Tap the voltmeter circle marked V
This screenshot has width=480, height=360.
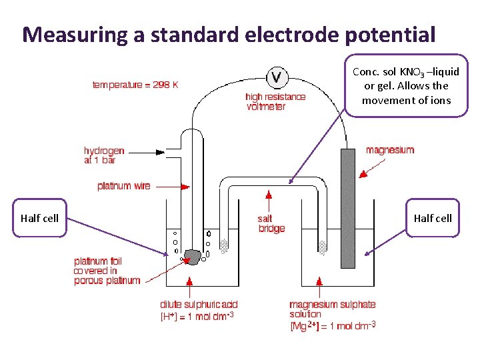pyautogui.click(x=277, y=77)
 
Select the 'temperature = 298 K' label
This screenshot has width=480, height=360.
pyautogui.click(x=135, y=85)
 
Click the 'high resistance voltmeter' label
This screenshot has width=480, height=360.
pyautogui.click(x=275, y=101)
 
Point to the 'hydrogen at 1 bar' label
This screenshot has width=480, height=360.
pyautogui.click(x=103, y=155)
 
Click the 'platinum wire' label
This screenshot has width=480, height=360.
pyautogui.click(x=124, y=186)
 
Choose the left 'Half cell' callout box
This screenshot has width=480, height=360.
pyautogui.click(x=40, y=218)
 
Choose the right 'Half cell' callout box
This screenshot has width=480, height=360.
pyautogui.click(x=433, y=218)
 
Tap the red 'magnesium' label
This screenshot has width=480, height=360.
pyautogui.click(x=390, y=150)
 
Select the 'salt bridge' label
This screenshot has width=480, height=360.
pyautogui.click(x=271, y=223)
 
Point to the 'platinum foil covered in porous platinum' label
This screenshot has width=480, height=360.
pyautogui.click(x=107, y=271)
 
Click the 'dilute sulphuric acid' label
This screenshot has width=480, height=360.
pyautogui.click(x=199, y=305)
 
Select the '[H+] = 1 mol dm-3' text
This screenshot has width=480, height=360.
pyautogui.click(x=197, y=316)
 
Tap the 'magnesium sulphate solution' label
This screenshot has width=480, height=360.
pyautogui.click(x=332, y=309)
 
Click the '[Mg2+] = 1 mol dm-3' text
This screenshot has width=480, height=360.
pyautogui.click(x=333, y=325)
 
